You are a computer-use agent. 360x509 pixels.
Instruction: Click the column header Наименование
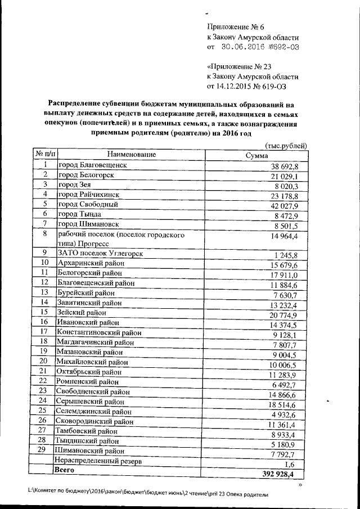tap(130, 154)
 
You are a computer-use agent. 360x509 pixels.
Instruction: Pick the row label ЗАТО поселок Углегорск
tap(100, 254)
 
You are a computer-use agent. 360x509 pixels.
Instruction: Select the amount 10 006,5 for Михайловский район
tap(288, 364)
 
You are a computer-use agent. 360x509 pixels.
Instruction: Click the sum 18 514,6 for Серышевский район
tap(287, 406)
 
